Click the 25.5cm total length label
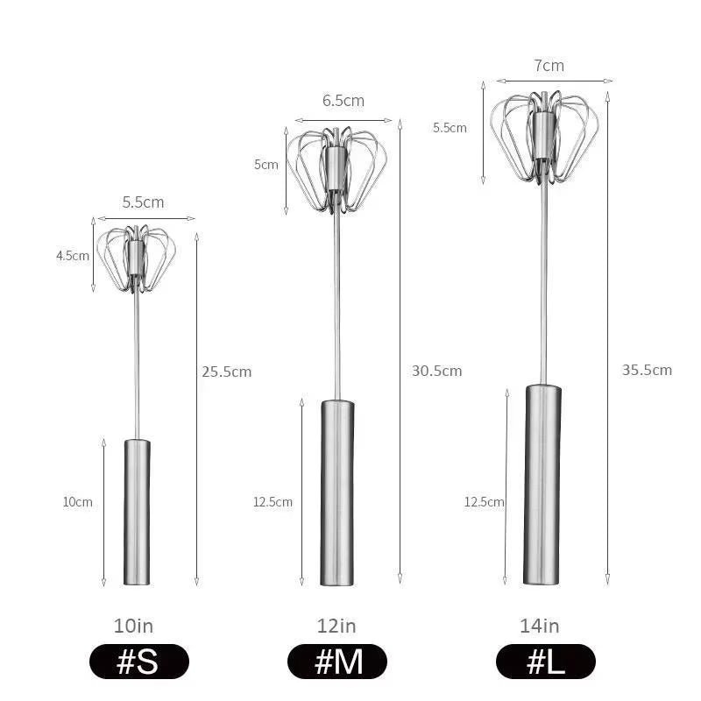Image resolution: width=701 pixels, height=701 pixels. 226,372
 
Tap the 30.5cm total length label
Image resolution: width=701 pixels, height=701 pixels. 436,371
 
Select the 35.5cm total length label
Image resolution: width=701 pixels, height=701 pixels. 647,370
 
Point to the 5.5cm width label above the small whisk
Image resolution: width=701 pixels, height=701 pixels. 143,202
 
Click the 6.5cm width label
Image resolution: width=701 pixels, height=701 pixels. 343,101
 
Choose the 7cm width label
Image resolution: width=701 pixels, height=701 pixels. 549,66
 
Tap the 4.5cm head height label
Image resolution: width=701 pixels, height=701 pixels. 73,256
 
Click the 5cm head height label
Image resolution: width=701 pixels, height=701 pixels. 266,164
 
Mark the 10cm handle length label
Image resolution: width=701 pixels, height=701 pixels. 77,502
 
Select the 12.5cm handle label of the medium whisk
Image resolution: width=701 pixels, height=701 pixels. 273,502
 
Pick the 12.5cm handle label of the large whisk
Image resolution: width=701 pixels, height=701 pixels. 484,502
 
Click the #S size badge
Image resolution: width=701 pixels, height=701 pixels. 138,662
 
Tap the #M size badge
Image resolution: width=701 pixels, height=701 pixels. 337,662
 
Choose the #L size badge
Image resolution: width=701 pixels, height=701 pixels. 545,662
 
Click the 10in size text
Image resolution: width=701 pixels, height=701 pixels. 133,626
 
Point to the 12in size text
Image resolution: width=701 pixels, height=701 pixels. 336,626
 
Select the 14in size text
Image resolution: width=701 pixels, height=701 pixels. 540,626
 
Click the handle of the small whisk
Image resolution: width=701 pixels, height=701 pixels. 137,512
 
